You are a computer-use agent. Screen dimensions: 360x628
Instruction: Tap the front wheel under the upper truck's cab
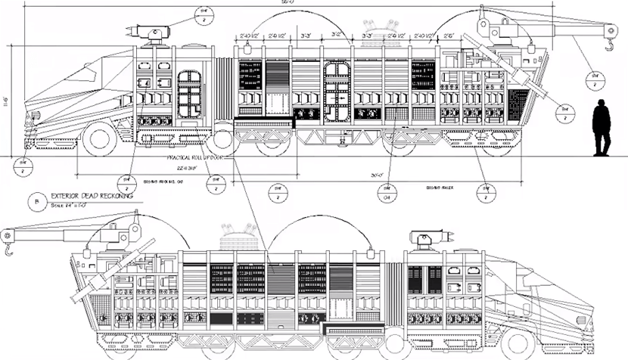pyautogui.click(x=98, y=140)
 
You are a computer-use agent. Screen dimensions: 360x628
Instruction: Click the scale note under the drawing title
pyautogui.click(x=72, y=205)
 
